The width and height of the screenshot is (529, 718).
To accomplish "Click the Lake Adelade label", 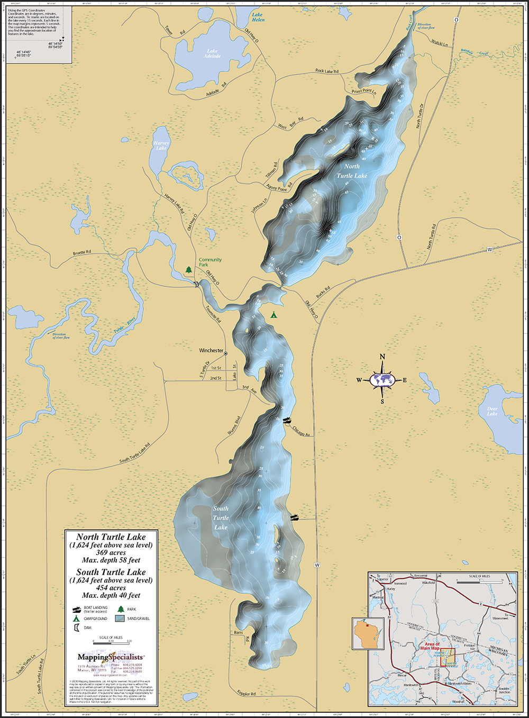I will click(x=212, y=53).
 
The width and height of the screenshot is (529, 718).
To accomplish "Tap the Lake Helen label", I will click(x=258, y=17).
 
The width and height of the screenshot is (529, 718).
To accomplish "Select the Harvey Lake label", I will click(x=161, y=146).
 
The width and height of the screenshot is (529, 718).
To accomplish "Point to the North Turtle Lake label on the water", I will click(x=352, y=171).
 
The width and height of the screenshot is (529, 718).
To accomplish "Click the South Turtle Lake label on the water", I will click(x=221, y=518).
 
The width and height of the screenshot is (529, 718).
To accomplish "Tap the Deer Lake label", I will click(x=492, y=411).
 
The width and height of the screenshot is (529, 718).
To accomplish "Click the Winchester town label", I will click(x=211, y=350).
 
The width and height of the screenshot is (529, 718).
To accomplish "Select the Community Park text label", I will click(x=210, y=262).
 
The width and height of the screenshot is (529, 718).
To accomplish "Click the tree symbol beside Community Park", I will click(x=189, y=270).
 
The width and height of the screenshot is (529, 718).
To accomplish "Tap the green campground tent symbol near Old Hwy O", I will click(x=273, y=315).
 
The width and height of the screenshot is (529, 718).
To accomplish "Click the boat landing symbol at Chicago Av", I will click(x=287, y=421).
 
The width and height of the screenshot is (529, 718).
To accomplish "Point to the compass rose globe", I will click(x=382, y=379).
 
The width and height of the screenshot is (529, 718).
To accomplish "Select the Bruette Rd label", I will click(x=82, y=253).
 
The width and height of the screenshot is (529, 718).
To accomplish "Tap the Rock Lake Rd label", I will click(x=327, y=71).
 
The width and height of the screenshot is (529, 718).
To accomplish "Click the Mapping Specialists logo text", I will click(x=110, y=657).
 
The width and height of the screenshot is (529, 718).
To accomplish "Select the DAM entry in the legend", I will click(x=87, y=628).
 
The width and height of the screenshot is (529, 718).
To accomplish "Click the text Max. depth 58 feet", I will click(x=111, y=560).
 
